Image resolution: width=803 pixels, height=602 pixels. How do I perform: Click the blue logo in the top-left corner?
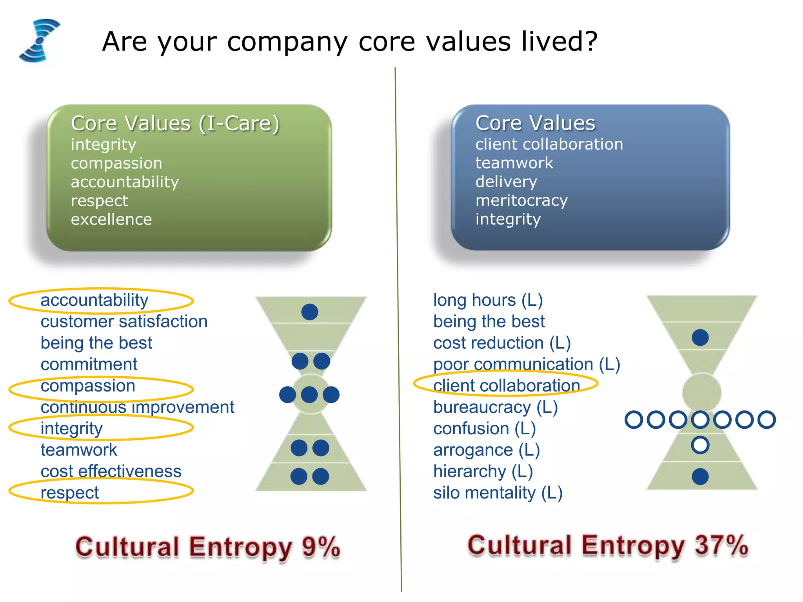pos(39,40)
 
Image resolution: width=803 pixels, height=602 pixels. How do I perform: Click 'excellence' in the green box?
pos(111,219)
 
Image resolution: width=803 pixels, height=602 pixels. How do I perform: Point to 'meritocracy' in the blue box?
pos(521,201)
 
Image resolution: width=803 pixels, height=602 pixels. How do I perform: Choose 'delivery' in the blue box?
pos(506,182)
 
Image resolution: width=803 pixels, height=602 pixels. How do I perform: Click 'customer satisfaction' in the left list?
pos(124,322)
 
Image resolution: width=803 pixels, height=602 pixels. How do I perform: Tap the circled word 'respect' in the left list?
pos(70,493)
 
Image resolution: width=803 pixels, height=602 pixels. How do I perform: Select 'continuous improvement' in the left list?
pos(137,407)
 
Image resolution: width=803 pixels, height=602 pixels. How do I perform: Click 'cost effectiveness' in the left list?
pos(111,471)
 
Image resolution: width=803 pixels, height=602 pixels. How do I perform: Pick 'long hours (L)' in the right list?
pos(488,300)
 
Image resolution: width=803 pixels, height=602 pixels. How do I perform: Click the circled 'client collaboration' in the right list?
pos(506,386)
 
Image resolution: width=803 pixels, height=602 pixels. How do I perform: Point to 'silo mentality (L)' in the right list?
pos(498,493)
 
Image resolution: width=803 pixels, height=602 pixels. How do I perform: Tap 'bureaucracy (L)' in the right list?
pos(495,407)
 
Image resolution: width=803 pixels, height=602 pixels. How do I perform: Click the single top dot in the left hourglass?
pos(310,312)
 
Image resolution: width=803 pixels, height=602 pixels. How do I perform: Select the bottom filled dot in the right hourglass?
pos(700,477)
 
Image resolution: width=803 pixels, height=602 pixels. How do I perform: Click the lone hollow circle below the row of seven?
pos(700,445)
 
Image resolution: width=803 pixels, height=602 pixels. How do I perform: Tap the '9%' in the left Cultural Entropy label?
pos(321,547)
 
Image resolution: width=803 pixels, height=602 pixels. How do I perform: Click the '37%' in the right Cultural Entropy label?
pos(721,545)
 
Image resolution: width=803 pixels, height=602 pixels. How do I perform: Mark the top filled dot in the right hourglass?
pos(700,337)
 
